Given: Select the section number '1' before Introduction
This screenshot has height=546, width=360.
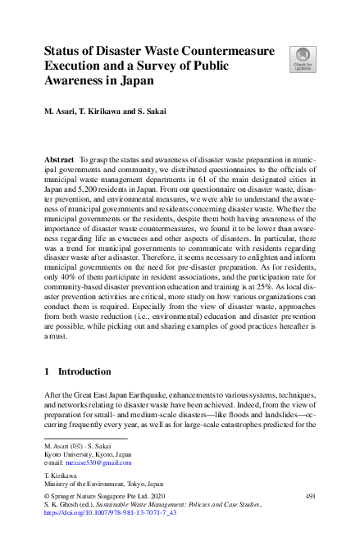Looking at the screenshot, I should [x=47, y=371].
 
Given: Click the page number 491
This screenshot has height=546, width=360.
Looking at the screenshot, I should [x=310, y=496].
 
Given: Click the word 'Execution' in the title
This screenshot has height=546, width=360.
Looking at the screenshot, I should [x=75, y=66].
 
